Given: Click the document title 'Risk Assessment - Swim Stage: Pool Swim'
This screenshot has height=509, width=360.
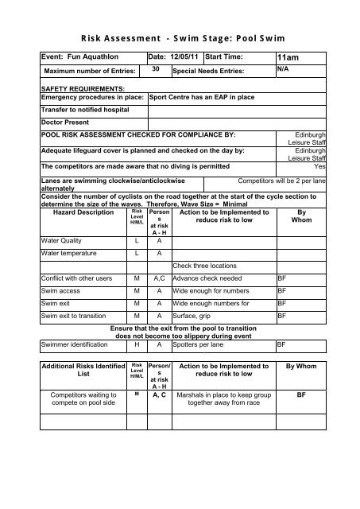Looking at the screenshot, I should click(180, 38).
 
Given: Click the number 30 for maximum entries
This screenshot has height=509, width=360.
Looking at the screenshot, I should click(157, 69).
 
